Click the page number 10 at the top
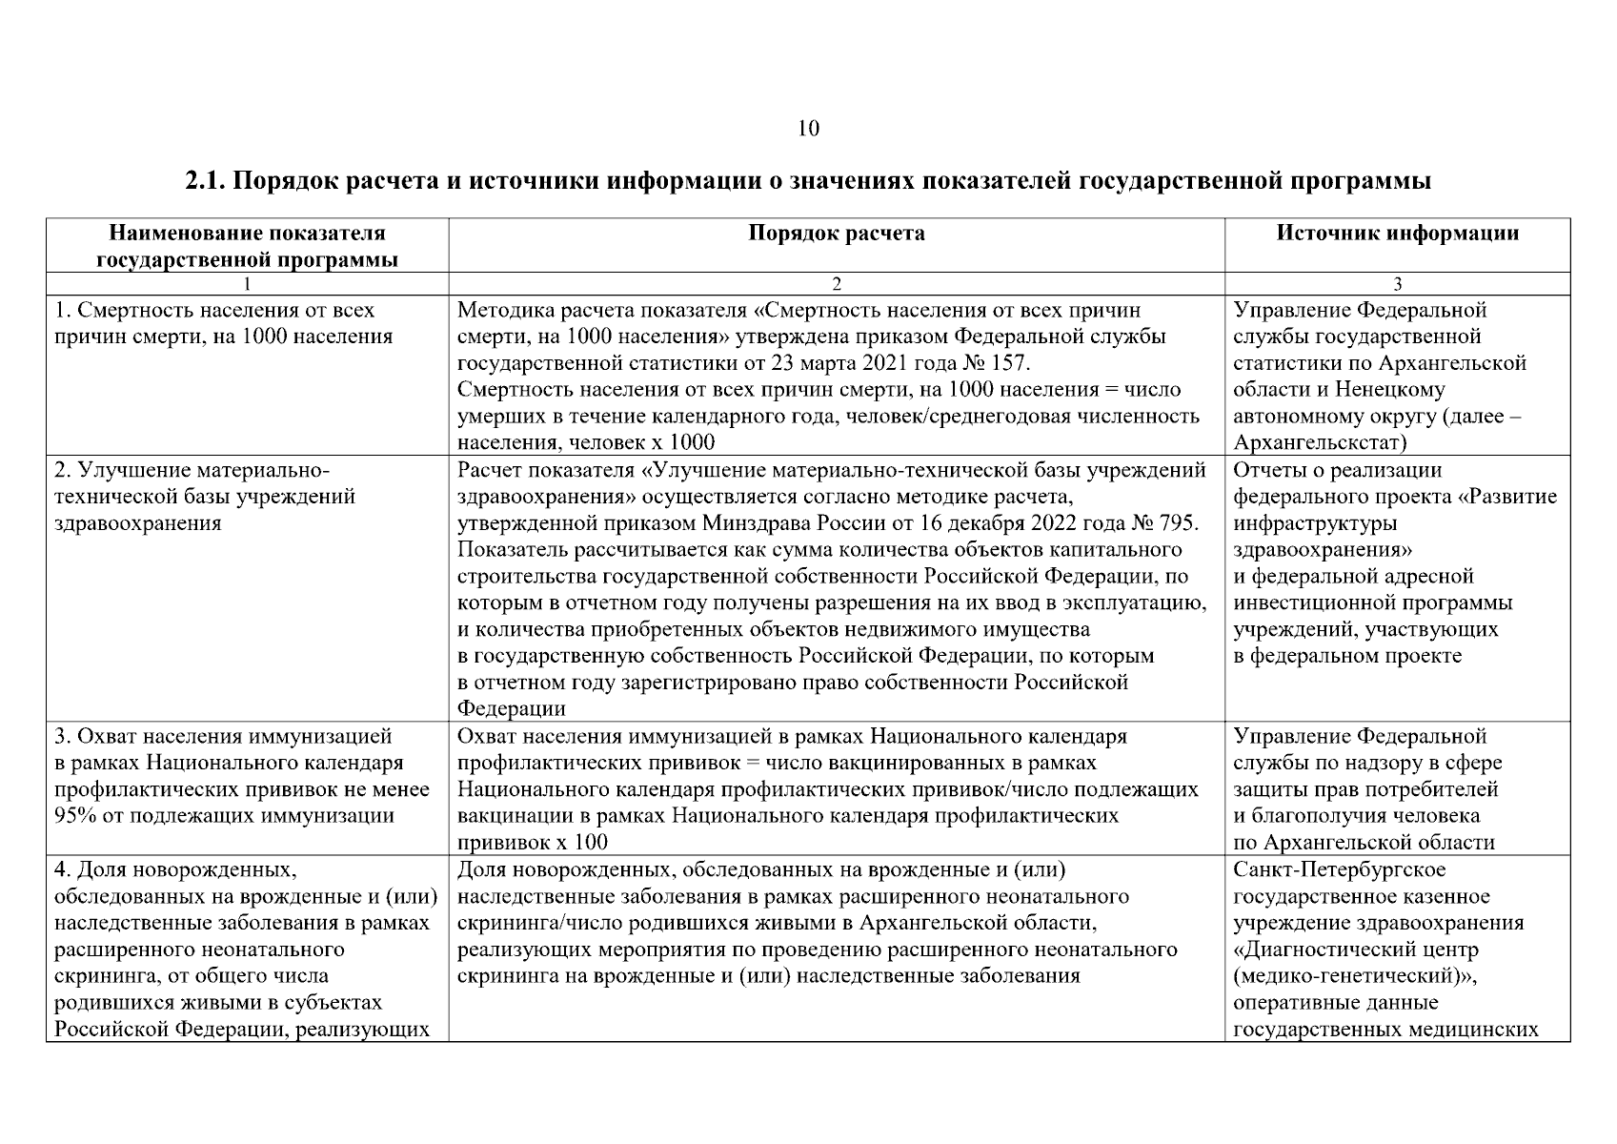[x=807, y=129]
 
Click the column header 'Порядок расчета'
[x=836, y=234]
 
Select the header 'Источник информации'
[x=1397, y=234]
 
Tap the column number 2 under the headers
[x=836, y=284]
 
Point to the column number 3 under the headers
[x=1397, y=284]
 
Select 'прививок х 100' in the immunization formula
[x=533, y=843]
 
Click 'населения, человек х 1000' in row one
[x=586, y=443]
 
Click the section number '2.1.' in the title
[x=204, y=181]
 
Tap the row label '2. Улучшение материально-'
[x=191, y=470]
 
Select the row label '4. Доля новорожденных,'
[x=172, y=869]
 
